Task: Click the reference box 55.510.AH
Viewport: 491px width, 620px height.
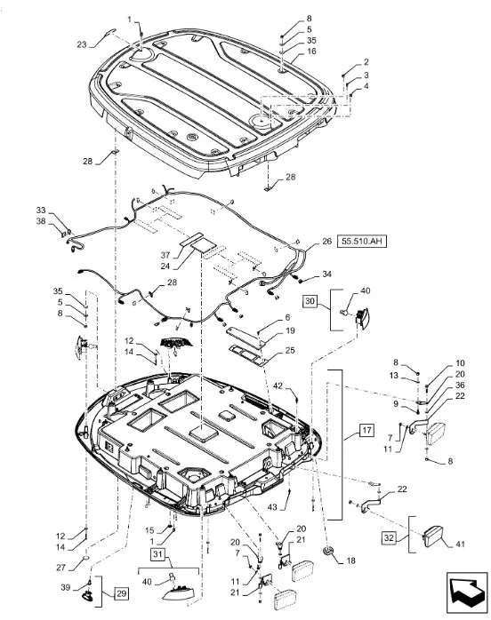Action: pyautogui.click(x=361, y=241)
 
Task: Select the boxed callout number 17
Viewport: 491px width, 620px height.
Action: pyautogui.click(x=366, y=430)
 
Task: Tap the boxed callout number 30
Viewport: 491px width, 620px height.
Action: pyautogui.click(x=310, y=301)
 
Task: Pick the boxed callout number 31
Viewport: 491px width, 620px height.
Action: pyautogui.click(x=157, y=554)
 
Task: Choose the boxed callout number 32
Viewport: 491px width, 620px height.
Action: pyautogui.click(x=390, y=538)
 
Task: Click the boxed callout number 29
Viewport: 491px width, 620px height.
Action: pyautogui.click(x=121, y=593)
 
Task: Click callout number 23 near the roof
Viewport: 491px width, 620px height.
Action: pyautogui.click(x=82, y=44)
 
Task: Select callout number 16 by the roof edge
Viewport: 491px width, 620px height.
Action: pyautogui.click(x=311, y=51)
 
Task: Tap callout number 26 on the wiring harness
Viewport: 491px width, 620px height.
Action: pyautogui.click(x=326, y=241)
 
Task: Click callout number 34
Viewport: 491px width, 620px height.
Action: pyautogui.click(x=326, y=274)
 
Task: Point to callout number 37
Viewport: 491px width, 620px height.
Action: pyautogui.click(x=165, y=255)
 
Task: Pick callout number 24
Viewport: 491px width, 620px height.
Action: pyautogui.click(x=165, y=266)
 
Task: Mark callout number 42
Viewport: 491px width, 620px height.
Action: pyautogui.click(x=278, y=386)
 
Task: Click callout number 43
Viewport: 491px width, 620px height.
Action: pyautogui.click(x=272, y=507)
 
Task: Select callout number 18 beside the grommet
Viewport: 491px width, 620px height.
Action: pyautogui.click(x=350, y=560)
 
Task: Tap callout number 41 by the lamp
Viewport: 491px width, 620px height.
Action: pyautogui.click(x=460, y=544)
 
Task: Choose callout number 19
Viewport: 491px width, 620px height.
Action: pyautogui.click(x=290, y=330)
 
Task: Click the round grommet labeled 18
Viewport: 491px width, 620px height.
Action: pyautogui.click(x=328, y=551)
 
